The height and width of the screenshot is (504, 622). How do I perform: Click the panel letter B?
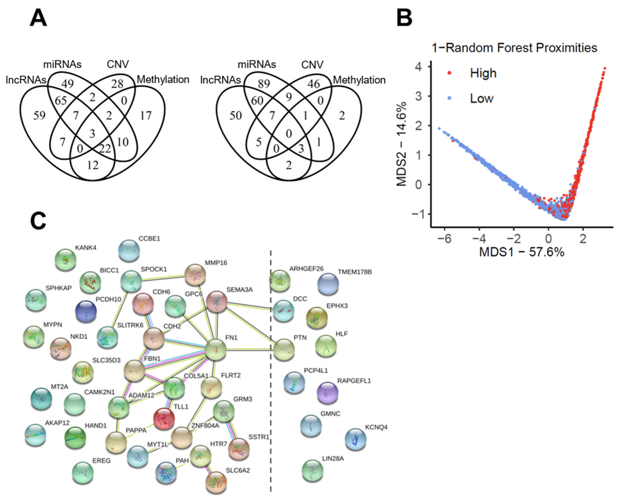[x=404, y=18]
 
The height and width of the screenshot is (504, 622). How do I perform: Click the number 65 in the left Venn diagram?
[x=61, y=101]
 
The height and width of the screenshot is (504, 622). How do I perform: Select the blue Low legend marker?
[x=449, y=98]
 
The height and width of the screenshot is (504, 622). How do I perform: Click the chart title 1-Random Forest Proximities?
[x=514, y=48]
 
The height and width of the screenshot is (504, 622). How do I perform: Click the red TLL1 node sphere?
[x=164, y=419]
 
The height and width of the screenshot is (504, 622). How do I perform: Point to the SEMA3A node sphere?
[x=216, y=302]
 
